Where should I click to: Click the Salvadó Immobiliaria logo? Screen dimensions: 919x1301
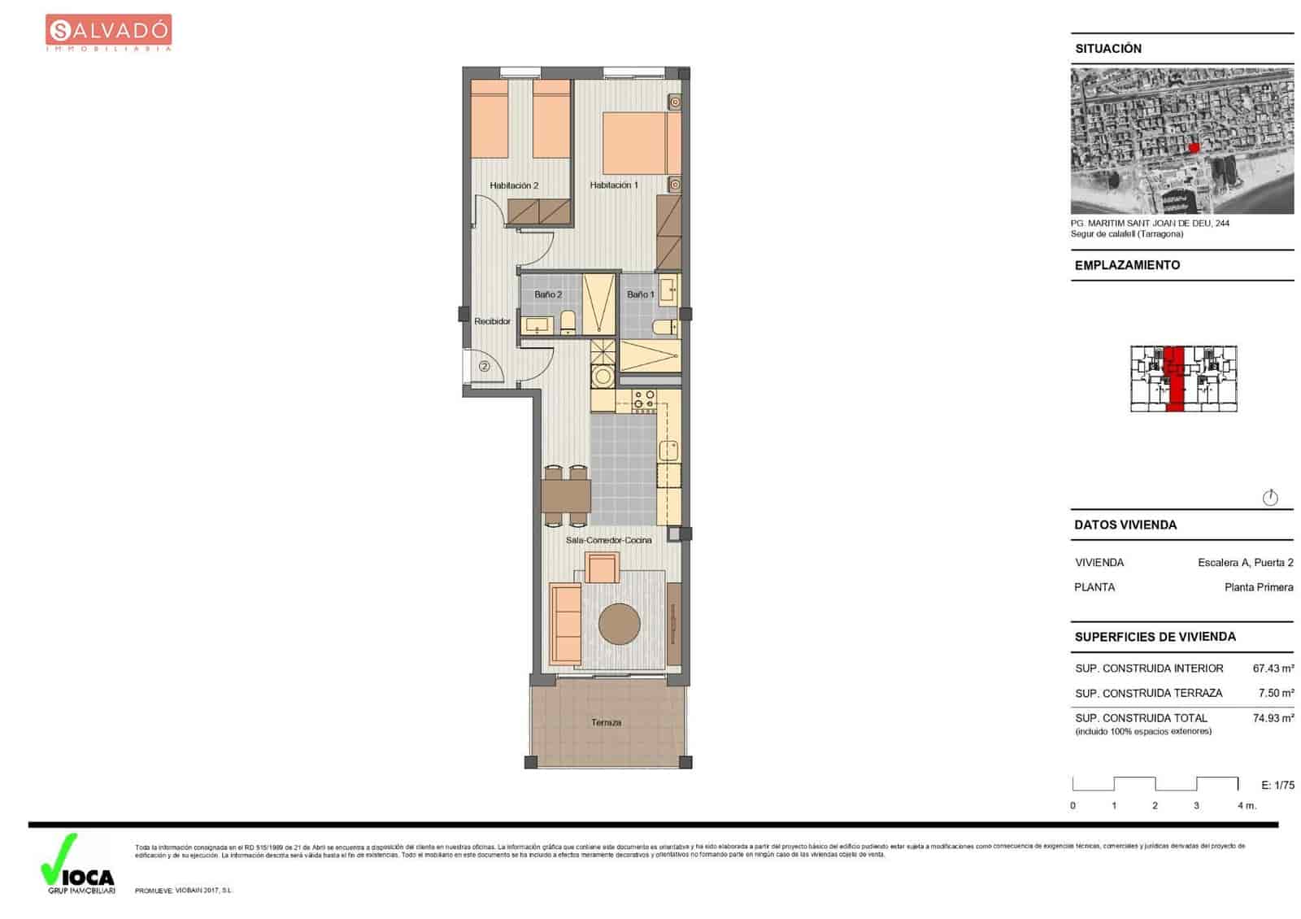coord(108,33)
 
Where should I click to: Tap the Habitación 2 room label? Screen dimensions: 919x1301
coord(514,185)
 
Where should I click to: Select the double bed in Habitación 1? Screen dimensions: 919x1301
coord(641,143)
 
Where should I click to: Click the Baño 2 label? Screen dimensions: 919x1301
coord(548,294)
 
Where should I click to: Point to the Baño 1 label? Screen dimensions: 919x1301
coord(641,294)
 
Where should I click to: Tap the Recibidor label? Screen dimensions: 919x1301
coord(493,321)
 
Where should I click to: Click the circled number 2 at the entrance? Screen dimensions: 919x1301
coord(485,367)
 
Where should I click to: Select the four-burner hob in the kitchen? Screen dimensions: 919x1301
coord(644,399)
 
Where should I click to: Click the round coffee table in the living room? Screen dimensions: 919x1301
coord(620,624)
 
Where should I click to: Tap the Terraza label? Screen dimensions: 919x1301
coord(607,722)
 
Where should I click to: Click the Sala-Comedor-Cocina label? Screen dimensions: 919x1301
coord(608,540)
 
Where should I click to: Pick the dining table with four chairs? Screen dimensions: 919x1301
coord(566,494)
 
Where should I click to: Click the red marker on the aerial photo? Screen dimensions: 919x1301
coord(1194,147)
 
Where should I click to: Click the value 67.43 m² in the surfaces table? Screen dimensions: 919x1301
coord(1273,669)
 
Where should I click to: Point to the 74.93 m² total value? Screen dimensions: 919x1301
coord(1273,718)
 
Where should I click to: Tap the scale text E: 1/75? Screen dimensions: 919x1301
coord(1277,785)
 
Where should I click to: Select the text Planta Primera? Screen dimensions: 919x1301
coord(1258,587)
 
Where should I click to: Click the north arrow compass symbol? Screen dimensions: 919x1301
coord(1270,498)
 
